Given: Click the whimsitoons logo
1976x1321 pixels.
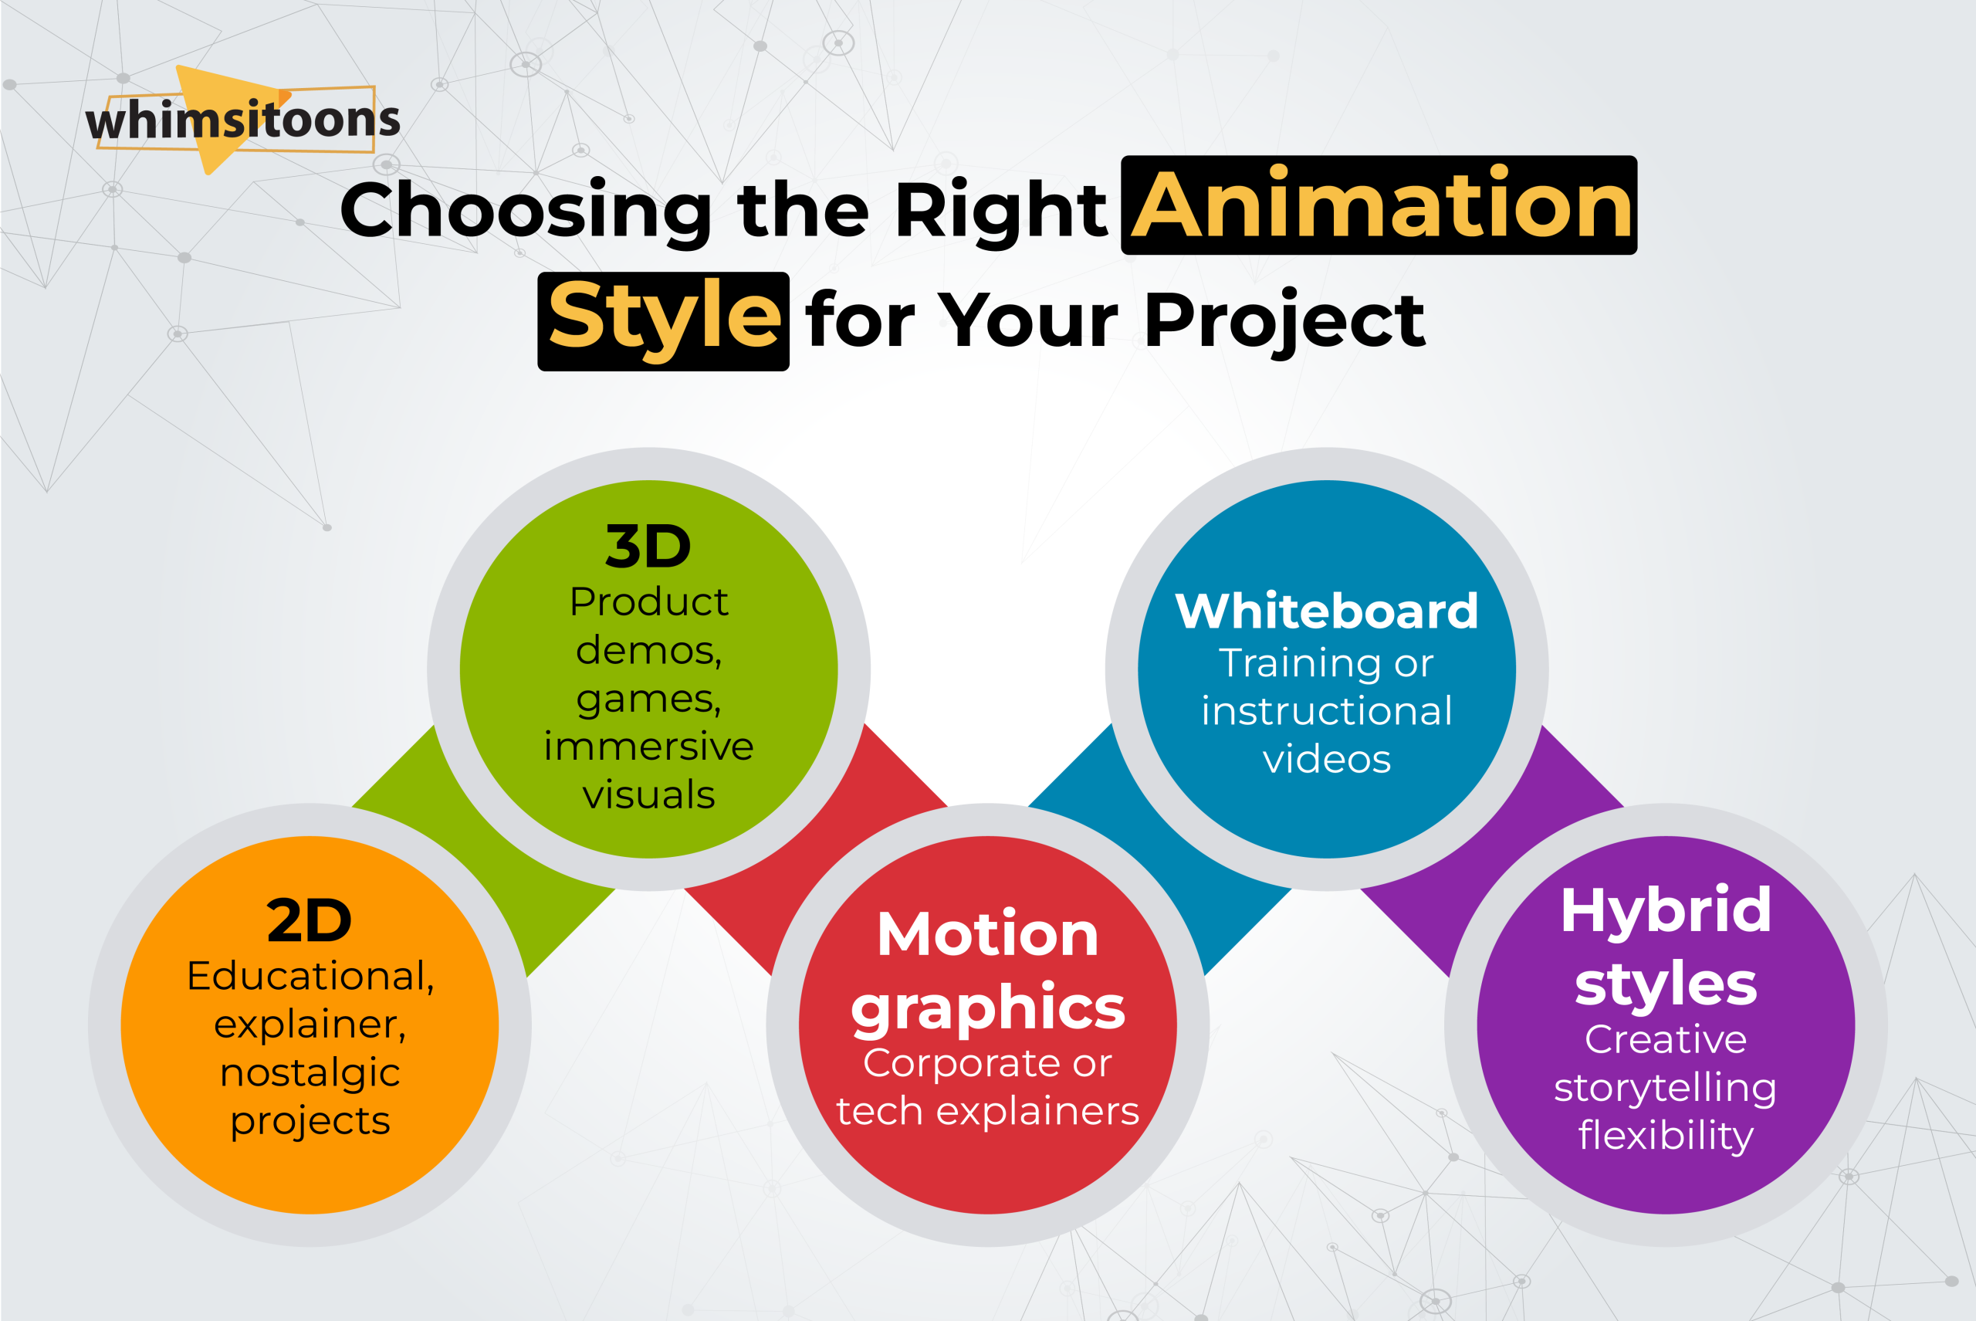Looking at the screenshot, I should tap(242, 120).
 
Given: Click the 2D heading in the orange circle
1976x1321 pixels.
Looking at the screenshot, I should tap(309, 921).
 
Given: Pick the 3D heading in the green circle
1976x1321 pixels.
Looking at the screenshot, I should tap(648, 547).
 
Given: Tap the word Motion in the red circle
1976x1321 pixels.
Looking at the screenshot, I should tap(987, 934).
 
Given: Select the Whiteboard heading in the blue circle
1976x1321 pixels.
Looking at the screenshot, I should tap(1326, 611).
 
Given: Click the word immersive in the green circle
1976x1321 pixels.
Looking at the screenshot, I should tap(648, 747).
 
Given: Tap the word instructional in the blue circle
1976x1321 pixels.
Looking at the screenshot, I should tap(1326, 711).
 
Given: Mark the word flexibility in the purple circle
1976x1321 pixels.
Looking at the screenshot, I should tap(1665, 1136).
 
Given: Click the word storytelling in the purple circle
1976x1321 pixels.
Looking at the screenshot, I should tap(1665, 1088).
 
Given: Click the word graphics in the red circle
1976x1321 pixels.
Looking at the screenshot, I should tap(987, 1008).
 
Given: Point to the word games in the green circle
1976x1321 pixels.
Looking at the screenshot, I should tap(648, 699).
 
